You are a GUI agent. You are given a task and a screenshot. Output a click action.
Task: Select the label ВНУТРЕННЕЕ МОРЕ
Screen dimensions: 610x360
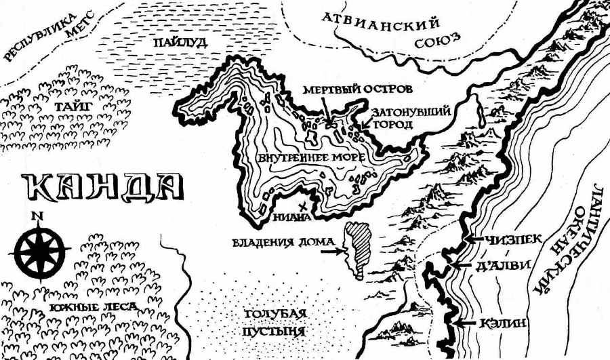pos(312,157)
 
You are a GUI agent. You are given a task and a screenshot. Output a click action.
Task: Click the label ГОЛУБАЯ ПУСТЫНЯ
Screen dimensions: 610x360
pos(274,323)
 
